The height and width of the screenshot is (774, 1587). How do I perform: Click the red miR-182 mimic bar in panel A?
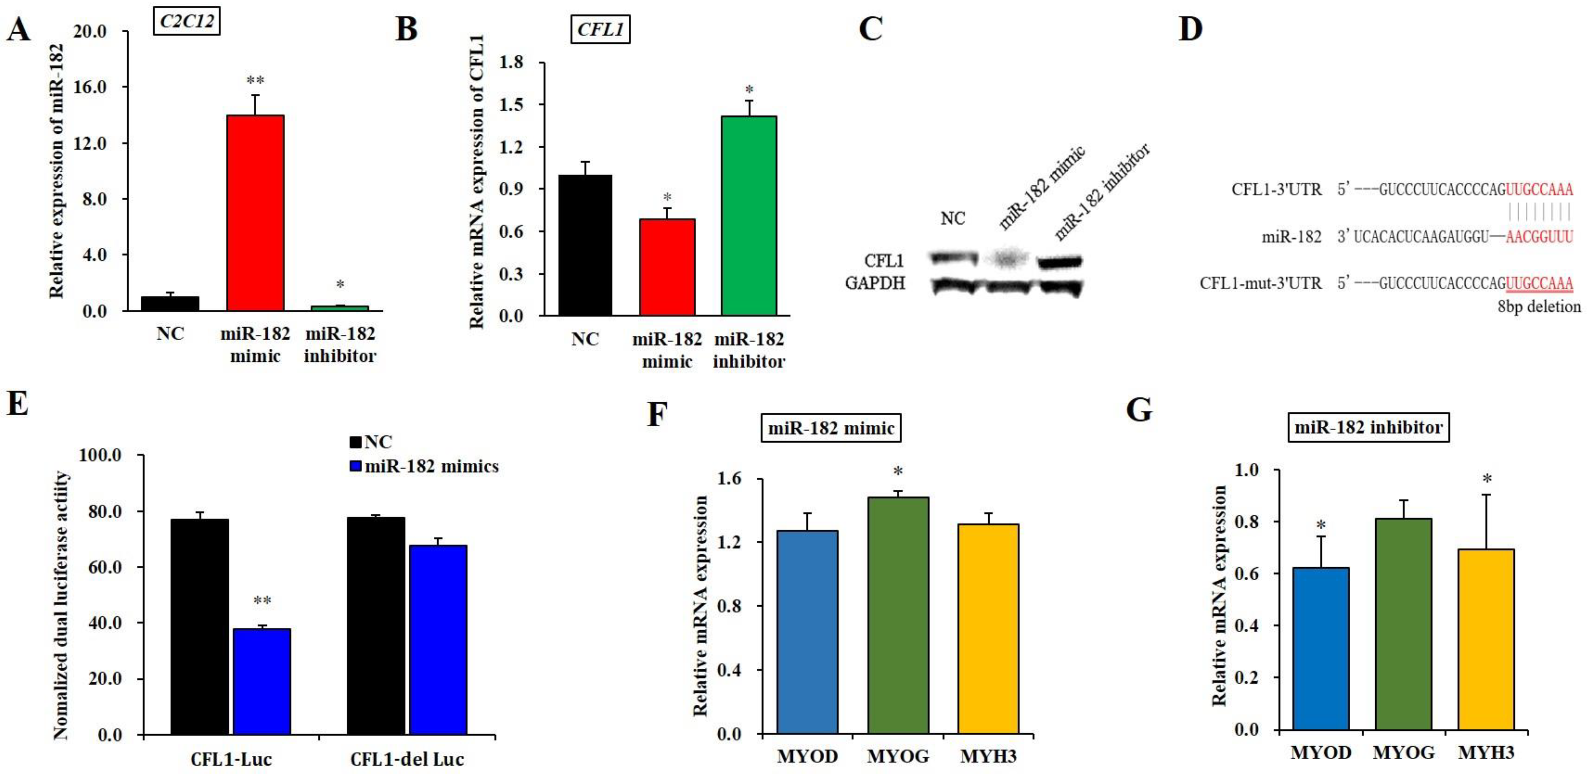(255, 212)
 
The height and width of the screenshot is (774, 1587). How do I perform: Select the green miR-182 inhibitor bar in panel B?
(748, 215)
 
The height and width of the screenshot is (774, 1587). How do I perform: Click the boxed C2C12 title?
(187, 22)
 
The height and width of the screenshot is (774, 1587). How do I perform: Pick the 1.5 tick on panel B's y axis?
(511, 104)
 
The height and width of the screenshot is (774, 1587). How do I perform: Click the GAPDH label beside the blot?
(875, 283)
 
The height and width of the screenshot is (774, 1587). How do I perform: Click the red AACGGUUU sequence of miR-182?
(1539, 236)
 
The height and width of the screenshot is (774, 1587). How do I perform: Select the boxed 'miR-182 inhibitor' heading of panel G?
(1368, 427)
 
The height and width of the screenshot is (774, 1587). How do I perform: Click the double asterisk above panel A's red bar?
(255, 80)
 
